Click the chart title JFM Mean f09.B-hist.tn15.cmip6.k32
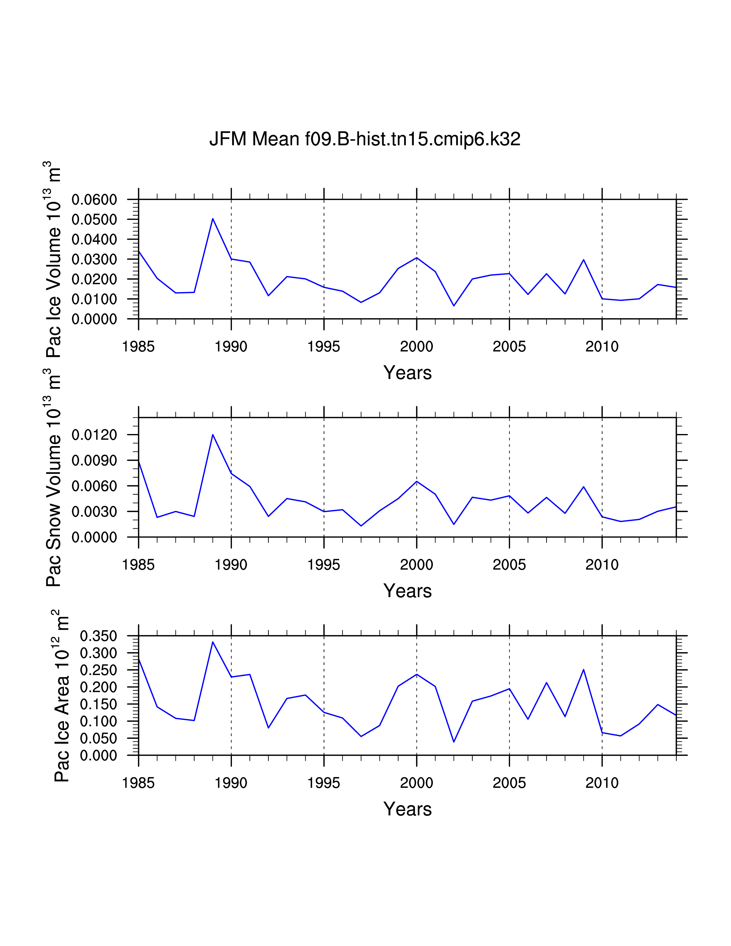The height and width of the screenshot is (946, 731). [x=365, y=139]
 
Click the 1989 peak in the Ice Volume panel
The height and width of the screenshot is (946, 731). [x=213, y=219]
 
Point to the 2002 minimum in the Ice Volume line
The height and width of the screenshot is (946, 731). [x=454, y=306]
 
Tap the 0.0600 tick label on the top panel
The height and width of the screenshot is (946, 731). [x=94, y=200]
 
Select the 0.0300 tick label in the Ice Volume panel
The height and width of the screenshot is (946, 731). [x=94, y=259]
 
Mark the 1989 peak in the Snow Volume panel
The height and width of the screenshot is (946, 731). [x=213, y=435]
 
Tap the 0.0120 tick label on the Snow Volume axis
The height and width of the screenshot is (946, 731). [x=94, y=435]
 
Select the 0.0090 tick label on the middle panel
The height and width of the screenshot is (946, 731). [x=94, y=460]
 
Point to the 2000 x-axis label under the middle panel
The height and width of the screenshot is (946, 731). [x=416, y=565]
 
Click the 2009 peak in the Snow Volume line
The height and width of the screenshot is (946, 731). [x=583, y=487]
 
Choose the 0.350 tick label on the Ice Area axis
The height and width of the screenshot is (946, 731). [x=99, y=636]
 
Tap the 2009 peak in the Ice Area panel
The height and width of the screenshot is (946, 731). [x=583, y=670]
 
